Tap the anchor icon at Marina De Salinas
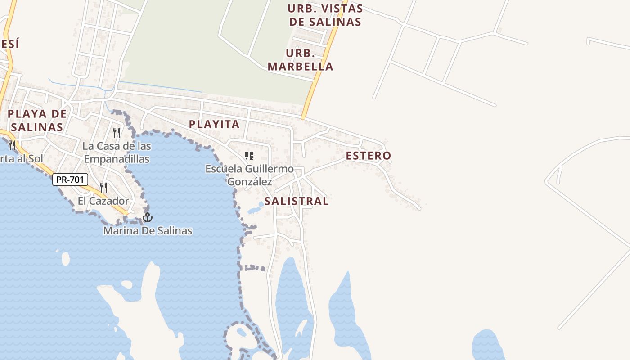pyautogui.click(x=147, y=218)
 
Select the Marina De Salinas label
pyautogui.click(x=148, y=231)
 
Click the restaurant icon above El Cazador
pyautogui.click(x=103, y=187)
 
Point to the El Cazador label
pyautogui.click(x=103, y=201)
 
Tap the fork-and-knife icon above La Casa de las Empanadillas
pyautogui.click(x=117, y=132)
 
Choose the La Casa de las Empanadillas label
pyautogui.click(x=117, y=153)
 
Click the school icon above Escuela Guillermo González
pyautogui.click(x=249, y=156)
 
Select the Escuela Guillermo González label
pyautogui.click(x=249, y=175)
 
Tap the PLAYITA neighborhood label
pyautogui.click(x=214, y=125)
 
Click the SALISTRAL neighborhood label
pyautogui.click(x=296, y=201)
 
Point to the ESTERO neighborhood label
pyautogui.click(x=368, y=156)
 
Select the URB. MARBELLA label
pyautogui.click(x=300, y=60)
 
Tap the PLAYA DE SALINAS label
pyautogui.click(x=37, y=120)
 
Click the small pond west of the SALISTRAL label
pyautogui.click(x=255, y=209)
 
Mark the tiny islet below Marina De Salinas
pyautogui.click(x=66, y=258)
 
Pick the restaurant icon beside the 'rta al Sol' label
pyautogui.click(x=12, y=145)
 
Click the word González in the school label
pyautogui.click(x=249, y=182)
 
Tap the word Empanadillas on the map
pyautogui.click(x=117, y=159)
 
